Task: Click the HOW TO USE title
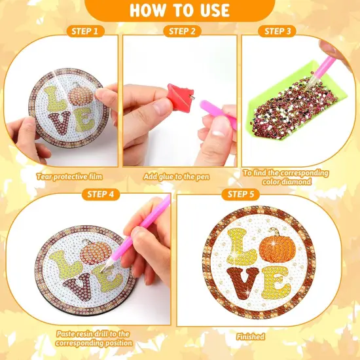(179, 10)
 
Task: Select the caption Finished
(251, 336)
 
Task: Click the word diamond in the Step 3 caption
(297, 182)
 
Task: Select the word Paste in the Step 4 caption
(67, 333)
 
